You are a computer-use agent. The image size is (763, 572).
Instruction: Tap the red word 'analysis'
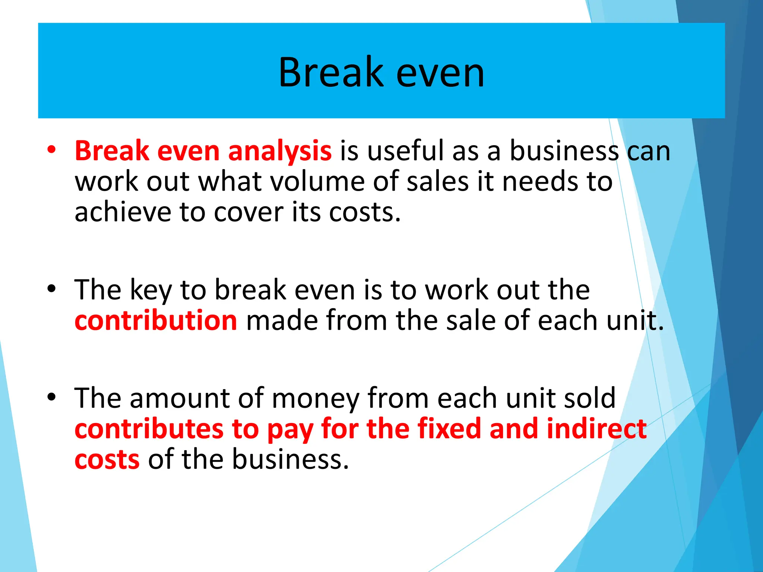(x=279, y=151)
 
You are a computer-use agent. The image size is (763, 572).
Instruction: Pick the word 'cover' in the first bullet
(x=248, y=212)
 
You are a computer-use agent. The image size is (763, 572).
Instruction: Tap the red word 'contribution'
(x=156, y=321)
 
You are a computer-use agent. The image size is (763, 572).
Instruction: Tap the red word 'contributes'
(x=149, y=429)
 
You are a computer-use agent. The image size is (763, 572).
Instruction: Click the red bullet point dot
(x=51, y=150)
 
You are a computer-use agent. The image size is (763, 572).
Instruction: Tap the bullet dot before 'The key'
(x=51, y=289)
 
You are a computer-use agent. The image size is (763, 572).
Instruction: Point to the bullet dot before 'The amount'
(x=51, y=397)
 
